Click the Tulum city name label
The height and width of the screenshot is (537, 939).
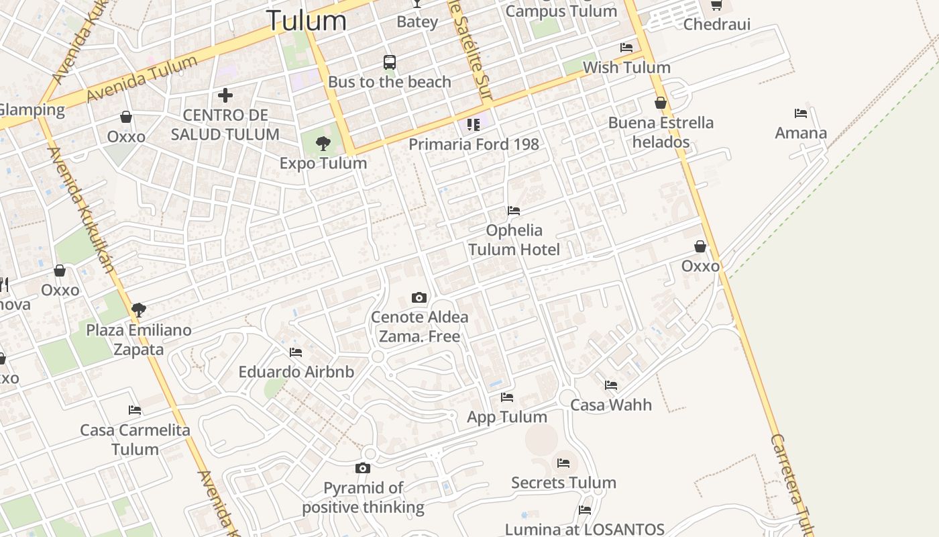tap(307, 20)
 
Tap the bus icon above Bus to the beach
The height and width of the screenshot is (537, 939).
tap(390, 62)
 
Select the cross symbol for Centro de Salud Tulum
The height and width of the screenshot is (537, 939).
tap(225, 95)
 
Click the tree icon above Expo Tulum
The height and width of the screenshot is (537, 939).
tap(323, 143)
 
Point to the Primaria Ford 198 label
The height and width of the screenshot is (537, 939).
tap(474, 144)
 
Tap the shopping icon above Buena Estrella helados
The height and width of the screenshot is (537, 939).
tap(661, 103)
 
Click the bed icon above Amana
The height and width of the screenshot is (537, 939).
tap(800, 113)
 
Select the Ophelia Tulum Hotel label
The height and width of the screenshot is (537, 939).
tap(514, 240)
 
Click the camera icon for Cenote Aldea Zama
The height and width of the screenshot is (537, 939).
tap(419, 297)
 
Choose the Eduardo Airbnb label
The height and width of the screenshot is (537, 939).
tap(296, 372)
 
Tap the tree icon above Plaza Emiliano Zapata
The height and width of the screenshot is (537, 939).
tap(139, 310)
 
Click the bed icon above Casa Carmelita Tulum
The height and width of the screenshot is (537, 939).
tap(135, 410)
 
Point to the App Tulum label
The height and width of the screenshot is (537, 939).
tap(507, 417)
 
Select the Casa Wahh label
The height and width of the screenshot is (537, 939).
tap(610, 405)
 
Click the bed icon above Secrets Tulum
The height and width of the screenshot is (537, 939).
tap(563, 463)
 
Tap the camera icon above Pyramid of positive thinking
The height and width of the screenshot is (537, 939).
tap(363, 468)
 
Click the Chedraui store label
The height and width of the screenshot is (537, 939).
tap(716, 25)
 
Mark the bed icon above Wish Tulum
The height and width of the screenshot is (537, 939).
tap(626, 48)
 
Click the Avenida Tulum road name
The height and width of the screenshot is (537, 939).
tap(142, 79)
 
